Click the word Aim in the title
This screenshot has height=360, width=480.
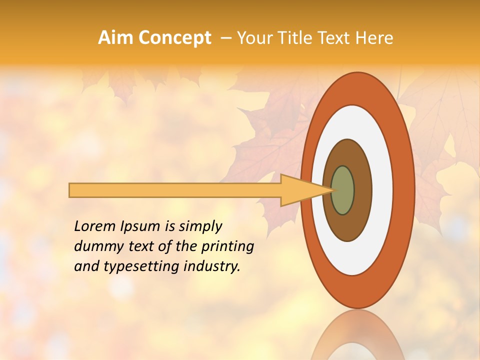coord(116,37)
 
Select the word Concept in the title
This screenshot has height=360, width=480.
coord(174,38)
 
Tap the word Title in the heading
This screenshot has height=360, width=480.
coord(292,37)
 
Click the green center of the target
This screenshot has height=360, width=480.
coord(343,190)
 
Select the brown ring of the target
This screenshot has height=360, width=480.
coord(360,190)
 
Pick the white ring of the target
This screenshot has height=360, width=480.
coord(382,190)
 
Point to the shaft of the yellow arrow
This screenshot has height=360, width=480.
coord(175,190)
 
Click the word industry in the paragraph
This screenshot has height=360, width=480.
coord(211,266)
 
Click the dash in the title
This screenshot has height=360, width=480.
coord(225,38)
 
